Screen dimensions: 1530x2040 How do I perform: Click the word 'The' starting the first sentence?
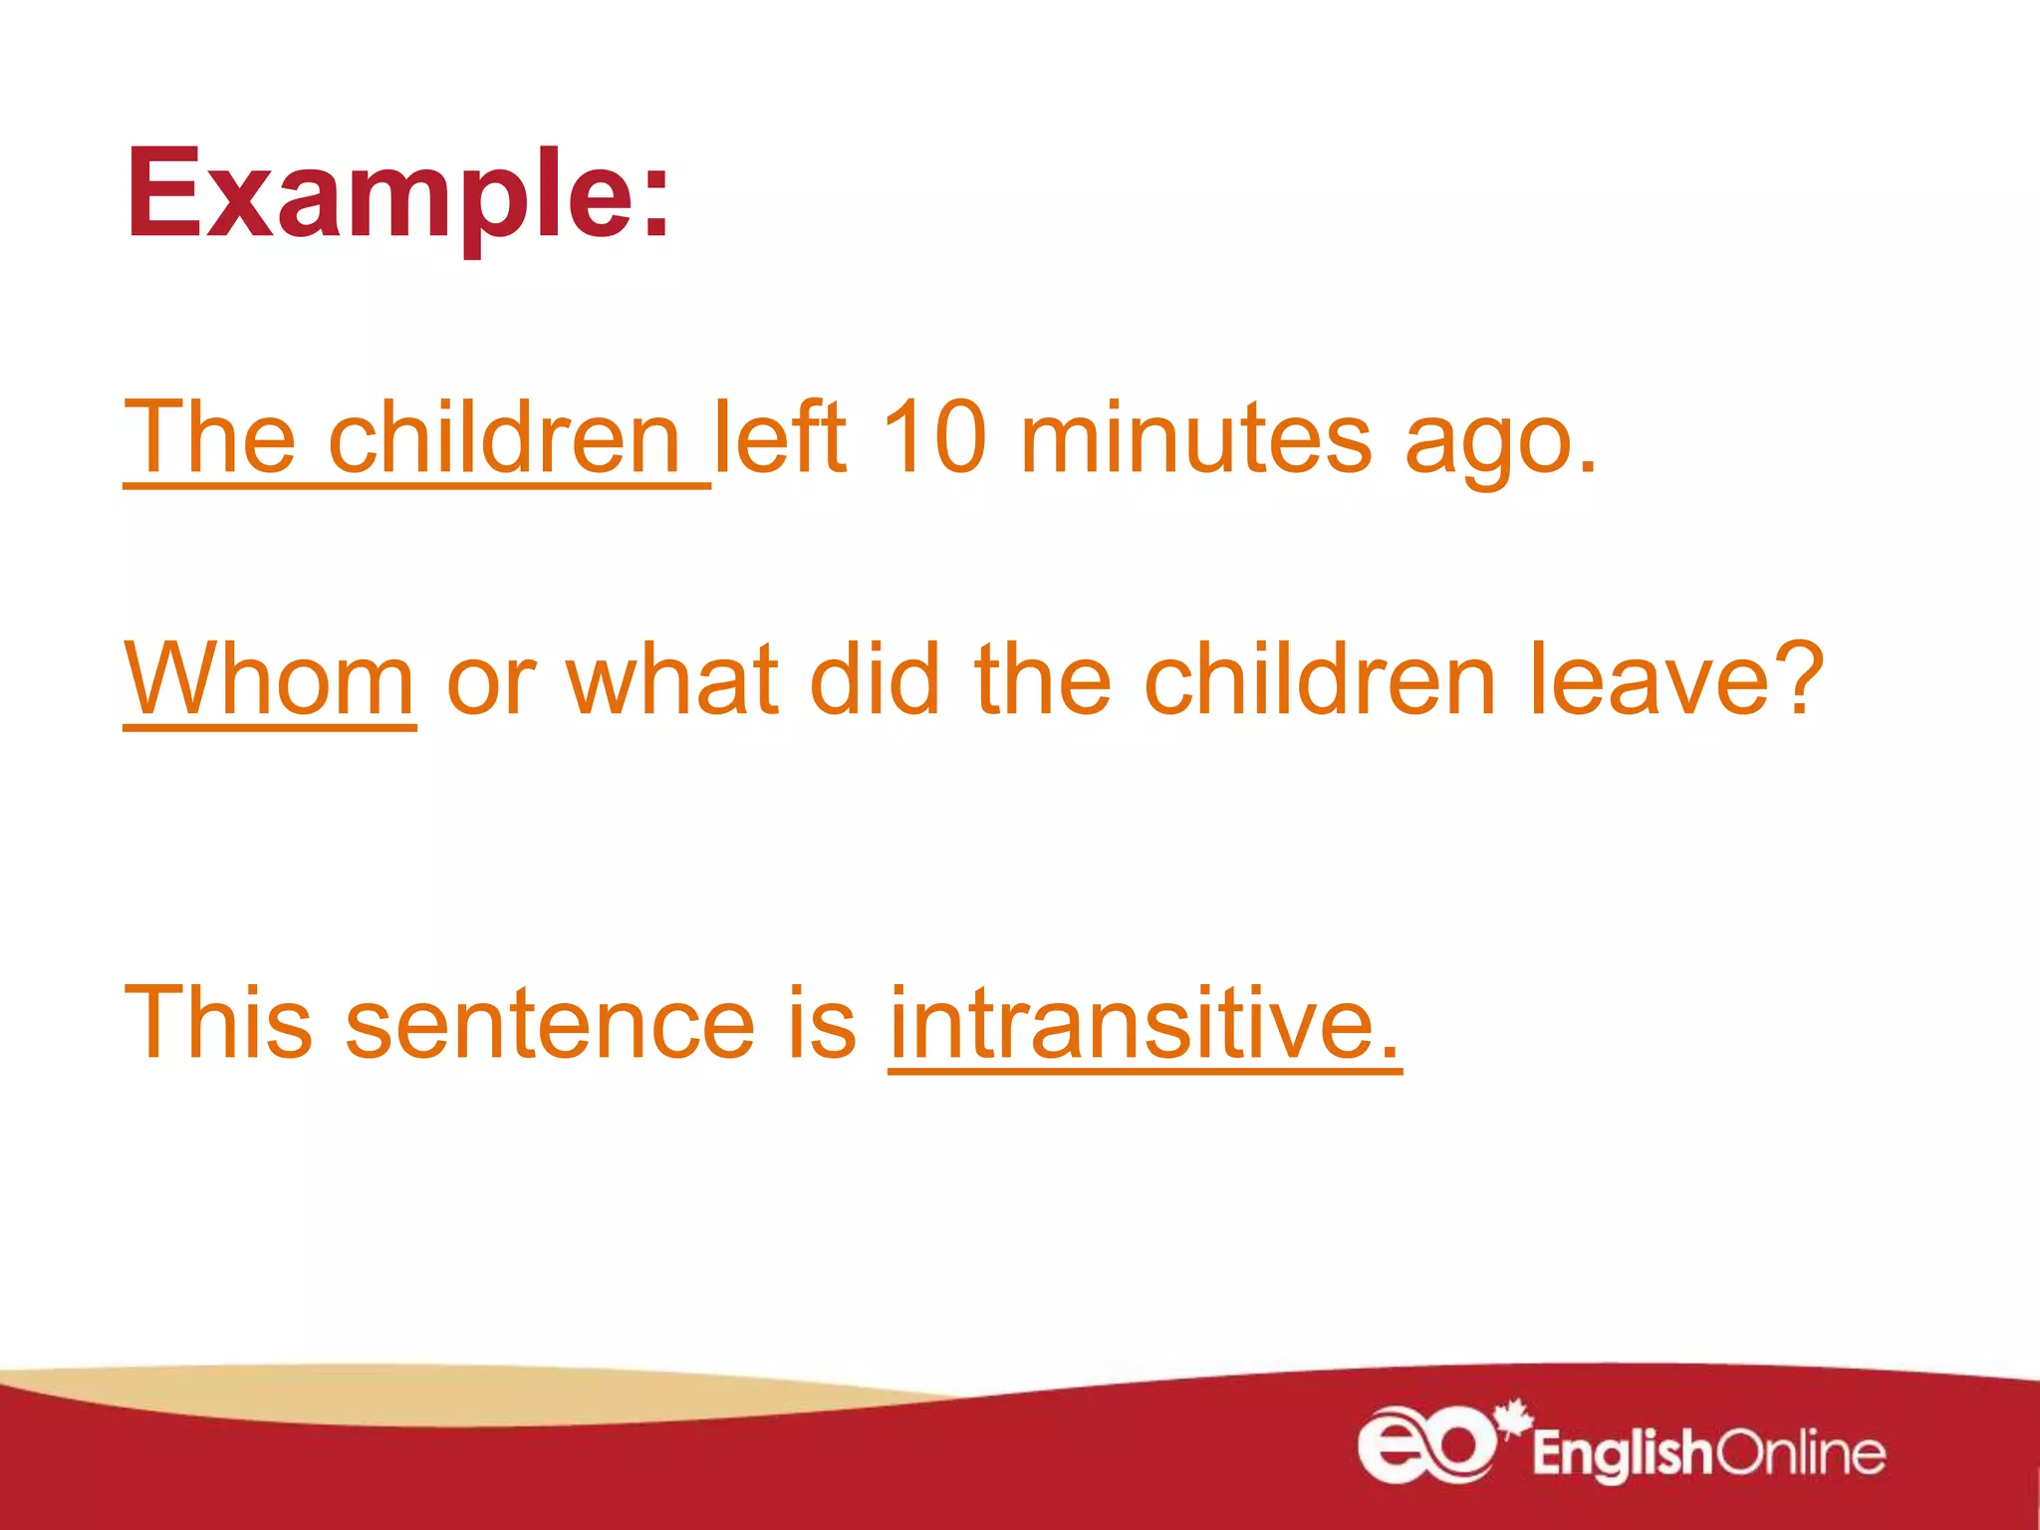click(210, 438)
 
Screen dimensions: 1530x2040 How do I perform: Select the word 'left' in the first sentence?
click(780, 438)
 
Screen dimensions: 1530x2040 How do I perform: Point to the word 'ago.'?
click(1500, 443)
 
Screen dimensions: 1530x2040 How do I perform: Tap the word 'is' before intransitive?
click(822, 1023)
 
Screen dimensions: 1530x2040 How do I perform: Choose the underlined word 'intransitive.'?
click(1145, 1023)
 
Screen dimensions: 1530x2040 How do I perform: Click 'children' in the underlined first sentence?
click(503, 438)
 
